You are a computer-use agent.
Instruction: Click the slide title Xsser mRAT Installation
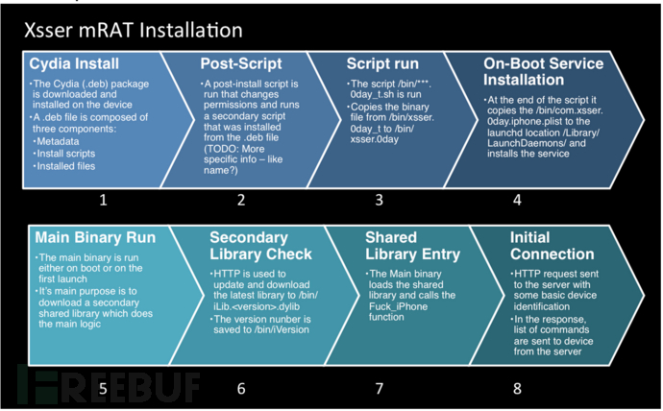click(134, 31)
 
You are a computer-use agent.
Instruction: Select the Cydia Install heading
click(74, 63)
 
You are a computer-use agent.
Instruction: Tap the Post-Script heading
click(241, 63)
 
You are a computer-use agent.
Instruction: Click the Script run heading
click(382, 63)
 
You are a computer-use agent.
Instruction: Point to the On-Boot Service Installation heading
click(543, 72)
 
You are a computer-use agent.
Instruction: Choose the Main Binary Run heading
click(95, 237)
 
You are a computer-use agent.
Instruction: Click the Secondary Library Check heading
click(260, 246)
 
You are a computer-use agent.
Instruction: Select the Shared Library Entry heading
click(412, 246)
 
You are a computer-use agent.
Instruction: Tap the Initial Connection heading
click(552, 246)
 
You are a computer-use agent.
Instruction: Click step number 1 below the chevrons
click(103, 200)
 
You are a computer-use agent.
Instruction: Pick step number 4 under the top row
click(517, 200)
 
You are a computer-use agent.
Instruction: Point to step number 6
click(241, 389)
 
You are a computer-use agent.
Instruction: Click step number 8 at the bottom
click(517, 389)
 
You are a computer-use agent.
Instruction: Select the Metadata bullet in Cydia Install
click(56, 141)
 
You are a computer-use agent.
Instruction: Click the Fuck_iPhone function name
click(398, 306)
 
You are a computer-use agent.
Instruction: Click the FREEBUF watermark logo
click(109, 385)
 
